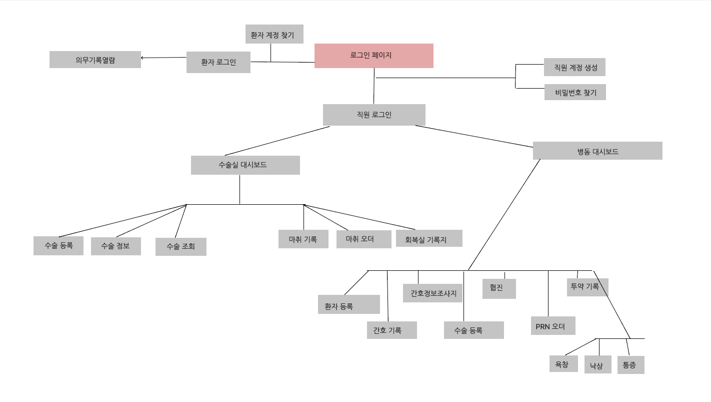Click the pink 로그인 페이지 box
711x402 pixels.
pyautogui.click(x=373, y=56)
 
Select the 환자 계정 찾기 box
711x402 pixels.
pyautogui.click(x=274, y=35)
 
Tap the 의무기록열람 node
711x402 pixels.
pyautogui.click(x=95, y=60)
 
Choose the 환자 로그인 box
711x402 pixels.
pyautogui.click(x=218, y=63)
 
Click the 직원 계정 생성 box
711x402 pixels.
pyautogui.click(x=574, y=67)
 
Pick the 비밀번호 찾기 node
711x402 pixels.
pyautogui.click(x=575, y=92)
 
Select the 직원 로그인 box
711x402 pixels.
pyautogui.click(x=374, y=115)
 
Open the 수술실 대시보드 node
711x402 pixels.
pyautogui.click(x=245, y=165)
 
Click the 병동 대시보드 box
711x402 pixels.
pyautogui.click(x=597, y=151)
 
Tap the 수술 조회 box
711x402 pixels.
pyautogui.click(x=180, y=246)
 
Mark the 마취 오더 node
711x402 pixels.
pyautogui.click(x=363, y=239)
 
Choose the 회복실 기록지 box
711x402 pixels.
pyautogui.click(x=429, y=239)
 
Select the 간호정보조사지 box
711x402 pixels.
pyautogui.click(x=433, y=293)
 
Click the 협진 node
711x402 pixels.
pyautogui.click(x=498, y=289)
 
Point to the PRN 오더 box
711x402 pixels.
pyautogui.click(x=552, y=326)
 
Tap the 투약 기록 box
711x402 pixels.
pyautogui.click(x=587, y=287)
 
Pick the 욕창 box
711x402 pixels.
pyautogui.click(x=563, y=364)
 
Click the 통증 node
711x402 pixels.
pyautogui.click(x=630, y=365)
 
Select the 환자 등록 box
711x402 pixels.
pyautogui.click(x=348, y=304)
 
